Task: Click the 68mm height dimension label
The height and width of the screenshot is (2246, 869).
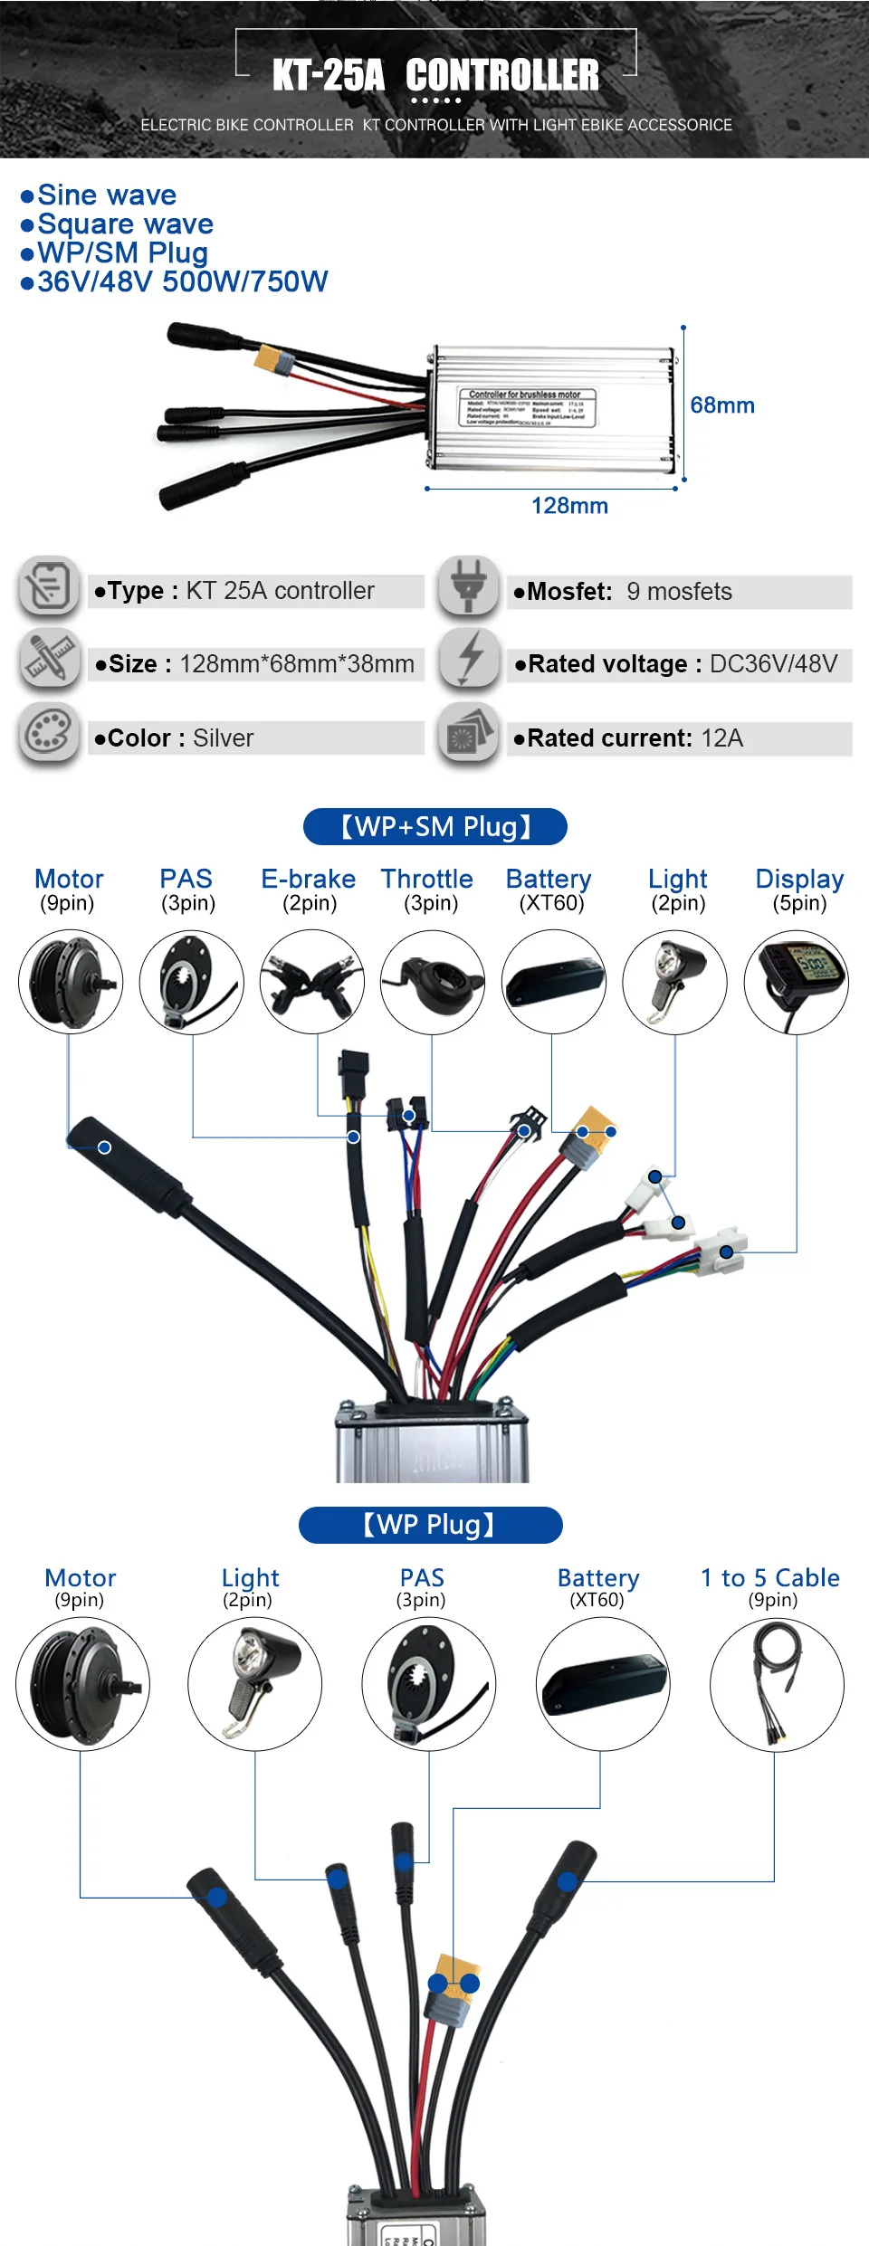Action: [721, 405]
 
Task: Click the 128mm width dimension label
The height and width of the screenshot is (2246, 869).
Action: [569, 506]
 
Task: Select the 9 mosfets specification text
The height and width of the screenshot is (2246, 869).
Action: [679, 592]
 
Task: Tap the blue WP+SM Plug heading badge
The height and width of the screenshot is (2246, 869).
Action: [435, 826]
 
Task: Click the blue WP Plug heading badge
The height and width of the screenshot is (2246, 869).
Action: [431, 1525]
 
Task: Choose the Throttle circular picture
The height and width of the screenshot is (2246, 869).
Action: [433, 982]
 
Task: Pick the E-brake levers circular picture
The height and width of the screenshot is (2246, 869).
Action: [312, 982]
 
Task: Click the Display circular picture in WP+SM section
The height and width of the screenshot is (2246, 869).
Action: [797, 982]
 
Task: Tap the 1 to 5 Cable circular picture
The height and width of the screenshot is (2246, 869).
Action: [777, 1684]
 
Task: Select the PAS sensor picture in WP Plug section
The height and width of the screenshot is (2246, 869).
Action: [429, 1684]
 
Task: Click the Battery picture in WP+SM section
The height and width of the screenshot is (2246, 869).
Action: [554, 982]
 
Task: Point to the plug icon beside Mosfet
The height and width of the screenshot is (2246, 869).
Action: [468, 586]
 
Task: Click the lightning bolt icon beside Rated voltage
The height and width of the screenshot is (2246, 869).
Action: [469, 659]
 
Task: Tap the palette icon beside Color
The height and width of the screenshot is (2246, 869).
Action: [49, 733]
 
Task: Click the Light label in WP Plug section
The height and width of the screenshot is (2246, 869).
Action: [250, 1578]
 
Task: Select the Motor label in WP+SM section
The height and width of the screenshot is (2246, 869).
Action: [69, 879]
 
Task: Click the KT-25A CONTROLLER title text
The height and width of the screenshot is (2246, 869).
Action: [435, 75]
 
